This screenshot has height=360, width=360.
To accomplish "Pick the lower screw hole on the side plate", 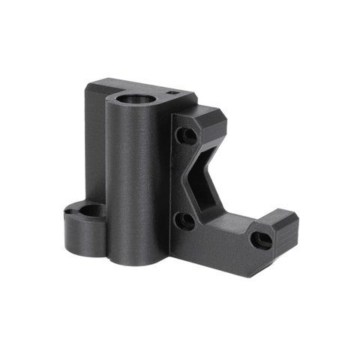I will (x=185, y=220).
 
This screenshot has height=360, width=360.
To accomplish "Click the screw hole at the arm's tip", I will (x=260, y=240).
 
